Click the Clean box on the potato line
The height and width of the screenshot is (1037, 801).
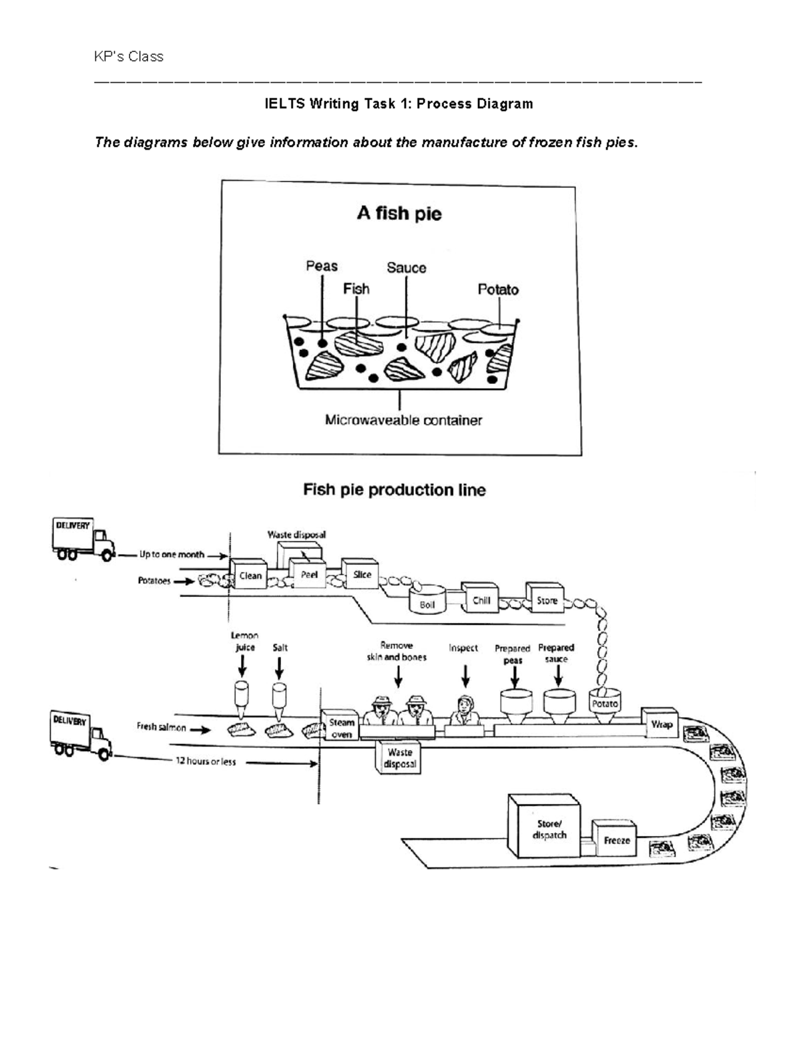point(250,575)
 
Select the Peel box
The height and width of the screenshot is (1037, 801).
point(309,574)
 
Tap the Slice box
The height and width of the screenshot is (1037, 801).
point(361,574)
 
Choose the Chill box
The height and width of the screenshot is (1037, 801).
point(481,600)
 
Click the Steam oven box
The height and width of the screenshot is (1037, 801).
point(341,728)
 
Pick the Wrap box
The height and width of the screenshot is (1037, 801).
point(661,724)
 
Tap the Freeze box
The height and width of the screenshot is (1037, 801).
point(616,840)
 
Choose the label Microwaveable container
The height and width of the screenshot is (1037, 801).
point(403,420)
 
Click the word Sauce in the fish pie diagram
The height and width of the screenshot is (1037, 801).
point(406,268)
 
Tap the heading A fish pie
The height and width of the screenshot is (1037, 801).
point(399,214)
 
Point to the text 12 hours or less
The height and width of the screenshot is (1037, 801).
point(206,761)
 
